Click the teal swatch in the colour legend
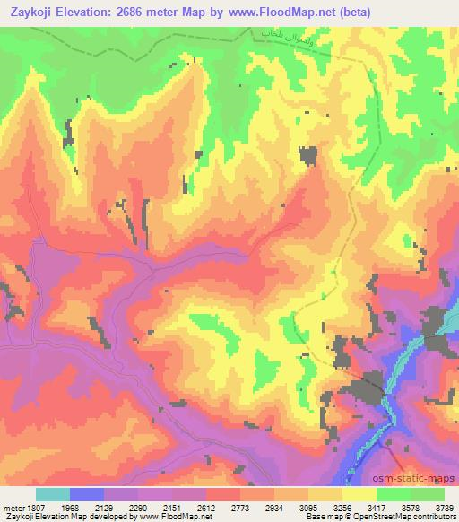(x=53, y=493)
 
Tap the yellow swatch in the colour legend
(x=359, y=493)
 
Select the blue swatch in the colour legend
(x=87, y=493)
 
